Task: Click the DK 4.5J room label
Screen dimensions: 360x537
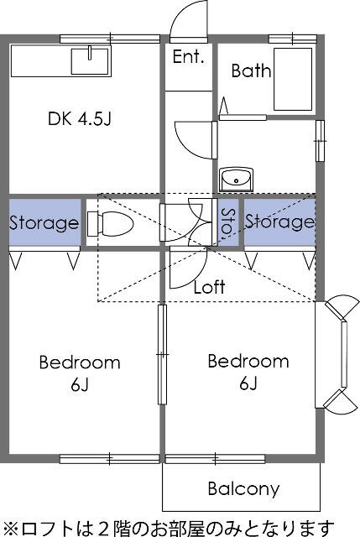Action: [80, 119]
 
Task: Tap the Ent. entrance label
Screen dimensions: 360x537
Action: [189, 57]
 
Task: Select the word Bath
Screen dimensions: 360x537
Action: [251, 70]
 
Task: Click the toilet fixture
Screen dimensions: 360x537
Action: [110, 224]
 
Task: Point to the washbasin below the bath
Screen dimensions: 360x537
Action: [236, 180]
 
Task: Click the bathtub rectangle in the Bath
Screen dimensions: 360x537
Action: [293, 79]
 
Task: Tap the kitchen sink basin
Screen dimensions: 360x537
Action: [90, 61]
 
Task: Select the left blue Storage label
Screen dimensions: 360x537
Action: [44, 223]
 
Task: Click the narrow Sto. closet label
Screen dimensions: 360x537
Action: [228, 222]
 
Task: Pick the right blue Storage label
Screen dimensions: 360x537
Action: [279, 222]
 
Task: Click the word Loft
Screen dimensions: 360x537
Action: [209, 287]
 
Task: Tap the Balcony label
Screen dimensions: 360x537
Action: [243, 489]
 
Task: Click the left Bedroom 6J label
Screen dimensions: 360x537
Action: [80, 373]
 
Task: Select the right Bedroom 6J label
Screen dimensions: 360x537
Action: [248, 373]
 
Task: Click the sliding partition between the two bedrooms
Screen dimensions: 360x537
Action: [162, 354]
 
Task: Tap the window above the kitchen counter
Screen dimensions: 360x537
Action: [110, 39]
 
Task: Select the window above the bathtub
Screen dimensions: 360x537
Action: [293, 39]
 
